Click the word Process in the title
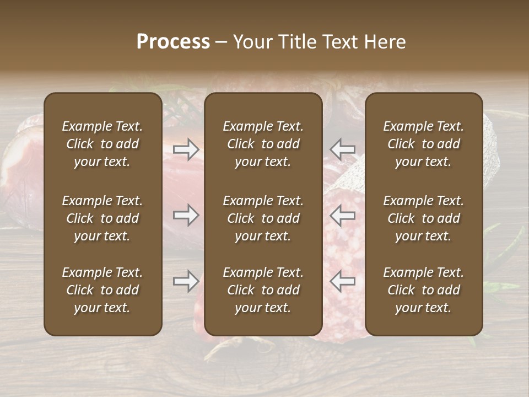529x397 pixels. tap(173, 42)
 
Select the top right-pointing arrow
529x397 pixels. tap(186, 149)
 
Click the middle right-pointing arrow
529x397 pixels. tap(186, 215)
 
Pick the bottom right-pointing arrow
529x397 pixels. tap(186, 281)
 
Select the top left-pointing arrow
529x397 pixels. tap(342, 149)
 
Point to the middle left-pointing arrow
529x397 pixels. tap(342, 215)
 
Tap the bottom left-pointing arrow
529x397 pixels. tap(342, 281)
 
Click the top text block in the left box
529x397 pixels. tap(102, 144)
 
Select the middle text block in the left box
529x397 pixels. tap(102, 218)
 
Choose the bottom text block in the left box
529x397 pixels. tap(102, 290)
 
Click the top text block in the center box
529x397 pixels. tap(263, 144)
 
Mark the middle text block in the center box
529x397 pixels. tap(263, 218)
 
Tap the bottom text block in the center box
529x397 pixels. tap(263, 290)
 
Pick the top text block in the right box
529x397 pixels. tap(424, 144)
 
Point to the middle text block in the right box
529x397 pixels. tap(424, 218)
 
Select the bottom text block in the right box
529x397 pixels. tap(424, 290)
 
